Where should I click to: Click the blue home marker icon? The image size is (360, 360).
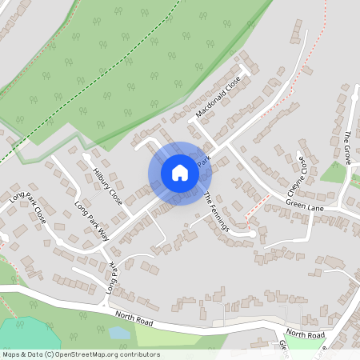[180, 173]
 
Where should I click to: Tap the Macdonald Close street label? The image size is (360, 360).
[218, 98]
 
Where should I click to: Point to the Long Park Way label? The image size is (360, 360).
[91, 218]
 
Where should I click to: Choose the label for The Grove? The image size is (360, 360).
[347, 148]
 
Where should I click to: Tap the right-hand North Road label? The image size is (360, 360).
[305, 334]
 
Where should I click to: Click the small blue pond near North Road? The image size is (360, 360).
[120, 332]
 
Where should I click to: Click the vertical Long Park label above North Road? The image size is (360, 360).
[111, 282]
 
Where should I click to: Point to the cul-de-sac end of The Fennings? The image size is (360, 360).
[254, 233]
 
